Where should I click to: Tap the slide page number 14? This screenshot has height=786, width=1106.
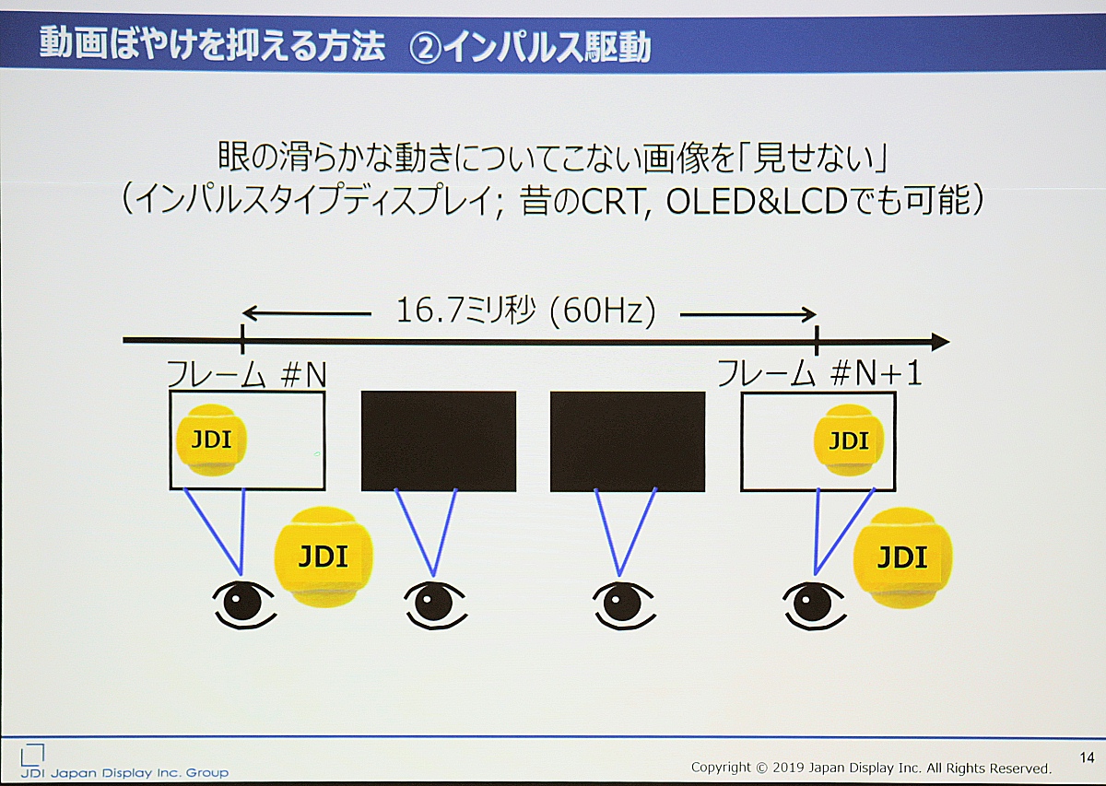click(x=1087, y=757)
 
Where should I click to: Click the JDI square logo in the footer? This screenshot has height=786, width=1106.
click(x=32, y=755)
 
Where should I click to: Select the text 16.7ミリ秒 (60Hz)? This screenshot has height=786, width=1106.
click(x=525, y=312)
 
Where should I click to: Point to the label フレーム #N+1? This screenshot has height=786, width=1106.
click(x=818, y=374)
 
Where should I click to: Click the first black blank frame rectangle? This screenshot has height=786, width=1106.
click(x=439, y=441)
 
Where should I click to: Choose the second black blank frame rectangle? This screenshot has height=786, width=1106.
click(x=628, y=441)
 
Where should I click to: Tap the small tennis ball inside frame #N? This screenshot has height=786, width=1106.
click(x=211, y=440)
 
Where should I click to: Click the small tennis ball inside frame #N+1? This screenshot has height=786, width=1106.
click(x=848, y=440)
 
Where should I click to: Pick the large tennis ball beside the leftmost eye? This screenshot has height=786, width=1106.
click(x=324, y=556)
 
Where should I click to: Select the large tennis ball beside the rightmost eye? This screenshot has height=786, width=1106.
click(x=902, y=557)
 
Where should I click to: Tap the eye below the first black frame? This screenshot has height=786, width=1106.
click(x=435, y=605)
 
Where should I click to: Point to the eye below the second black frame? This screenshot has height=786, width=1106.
click(x=624, y=605)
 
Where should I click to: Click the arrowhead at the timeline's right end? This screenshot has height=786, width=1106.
click(x=940, y=341)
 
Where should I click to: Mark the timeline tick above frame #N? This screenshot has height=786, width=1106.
click(x=241, y=340)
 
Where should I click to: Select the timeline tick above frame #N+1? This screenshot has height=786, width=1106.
click(x=817, y=340)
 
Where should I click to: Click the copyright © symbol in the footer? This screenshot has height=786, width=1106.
click(x=762, y=768)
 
